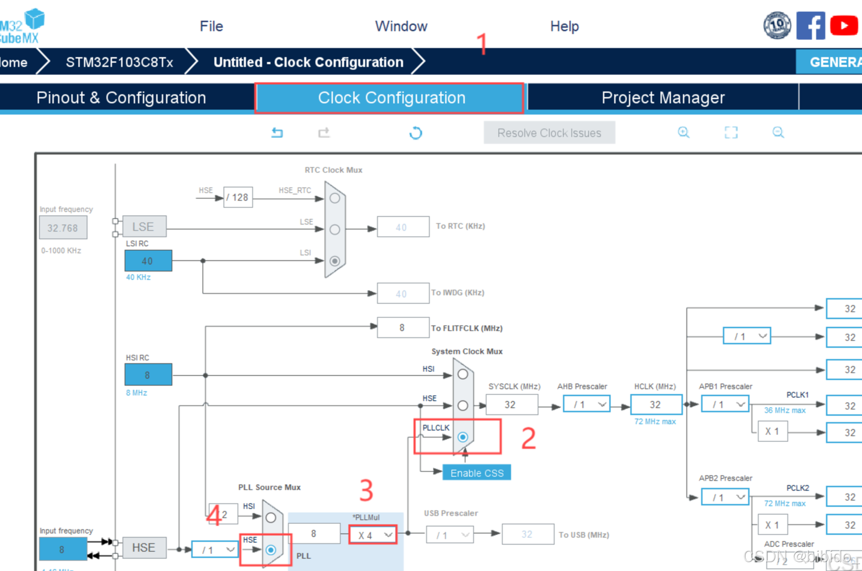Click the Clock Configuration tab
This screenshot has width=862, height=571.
391,98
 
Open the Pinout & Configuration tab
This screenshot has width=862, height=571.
121,98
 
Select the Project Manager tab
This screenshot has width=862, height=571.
663,98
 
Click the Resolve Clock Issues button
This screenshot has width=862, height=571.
549,133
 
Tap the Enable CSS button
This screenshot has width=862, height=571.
477,473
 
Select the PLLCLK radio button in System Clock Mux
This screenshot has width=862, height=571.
462,437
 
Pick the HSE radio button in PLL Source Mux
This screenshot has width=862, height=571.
270,550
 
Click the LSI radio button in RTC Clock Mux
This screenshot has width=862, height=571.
335,261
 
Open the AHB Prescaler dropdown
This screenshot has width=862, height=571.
587,405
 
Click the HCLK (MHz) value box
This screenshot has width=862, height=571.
656,405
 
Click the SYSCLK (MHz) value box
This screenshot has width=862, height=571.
511,405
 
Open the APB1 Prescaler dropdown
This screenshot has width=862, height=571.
725,405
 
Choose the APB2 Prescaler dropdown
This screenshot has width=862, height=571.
725,497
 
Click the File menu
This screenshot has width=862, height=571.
211,26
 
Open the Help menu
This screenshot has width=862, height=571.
564,26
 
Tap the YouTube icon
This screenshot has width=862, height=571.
843,26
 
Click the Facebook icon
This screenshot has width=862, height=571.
810,26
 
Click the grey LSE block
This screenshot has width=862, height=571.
144,227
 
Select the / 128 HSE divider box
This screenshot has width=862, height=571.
238,197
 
